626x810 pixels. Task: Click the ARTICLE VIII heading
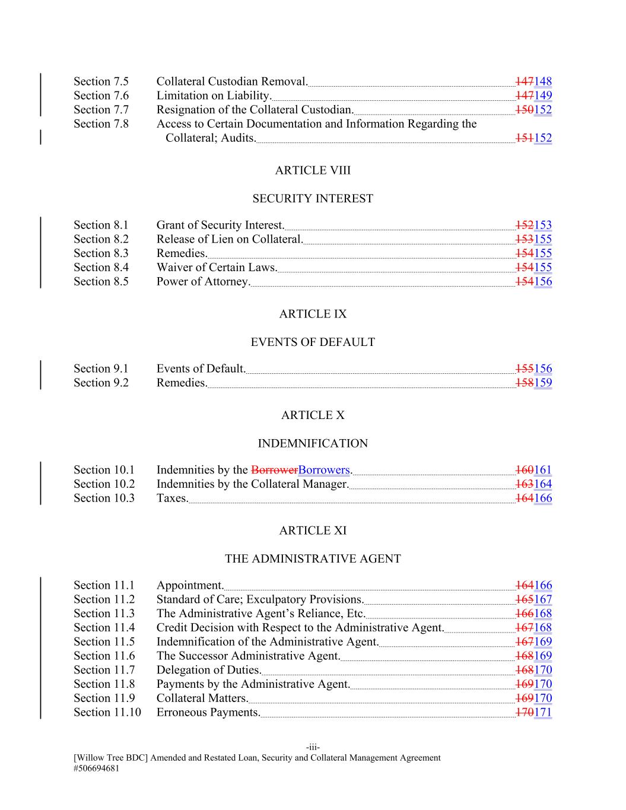pyautogui.click(x=313, y=171)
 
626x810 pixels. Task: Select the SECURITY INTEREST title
pyautogui.click(x=313, y=199)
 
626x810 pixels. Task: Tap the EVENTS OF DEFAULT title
pyautogui.click(x=313, y=342)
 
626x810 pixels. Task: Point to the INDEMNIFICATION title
pyautogui.click(x=313, y=444)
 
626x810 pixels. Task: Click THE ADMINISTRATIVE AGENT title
pyautogui.click(x=313, y=559)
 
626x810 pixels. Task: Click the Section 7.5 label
pyautogui.click(x=101, y=82)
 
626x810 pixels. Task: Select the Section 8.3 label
pyautogui.click(x=101, y=253)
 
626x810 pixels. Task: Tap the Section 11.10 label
pyautogui.click(x=107, y=713)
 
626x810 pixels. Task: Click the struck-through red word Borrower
pyautogui.click(x=274, y=470)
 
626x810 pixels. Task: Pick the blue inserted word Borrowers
pyautogui.click(x=324, y=470)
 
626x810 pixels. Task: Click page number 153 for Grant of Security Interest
pyautogui.click(x=543, y=225)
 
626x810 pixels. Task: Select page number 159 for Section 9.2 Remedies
pyautogui.click(x=543, y=383)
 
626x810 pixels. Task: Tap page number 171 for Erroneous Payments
pyautogui.click(x=543, y=713)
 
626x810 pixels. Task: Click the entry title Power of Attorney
pyautogui.click(x=203, y=282)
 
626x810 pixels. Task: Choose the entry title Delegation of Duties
pyautogui.click(x=209, y=671)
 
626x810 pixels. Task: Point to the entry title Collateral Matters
pyautogui.click(x=202, y=698)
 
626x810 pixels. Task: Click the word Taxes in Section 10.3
pyautogui.click(x=172, y=498)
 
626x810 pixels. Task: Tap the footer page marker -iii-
pyautogui.click(x=313, y=747)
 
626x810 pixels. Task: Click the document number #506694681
pyautogui.click(x=101, y=768)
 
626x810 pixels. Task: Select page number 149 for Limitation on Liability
pyautogui.click(x=543, y=96)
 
